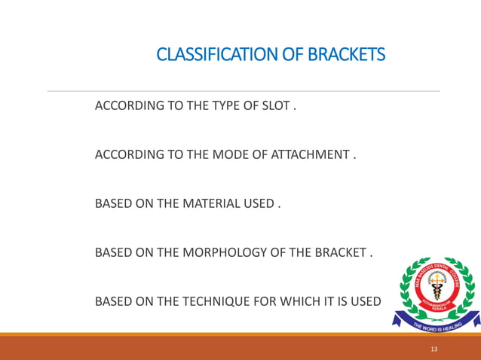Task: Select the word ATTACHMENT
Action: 312,155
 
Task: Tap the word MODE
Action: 228,155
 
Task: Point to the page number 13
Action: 433,349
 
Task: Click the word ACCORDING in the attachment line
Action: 124,155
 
